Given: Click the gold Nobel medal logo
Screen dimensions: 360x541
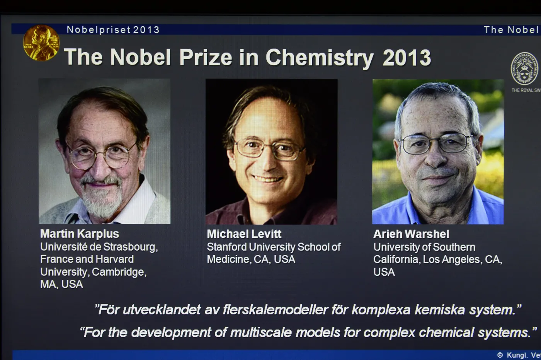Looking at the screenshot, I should [x=41, y=43].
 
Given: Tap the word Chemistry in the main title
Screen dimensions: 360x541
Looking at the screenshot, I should [x=319, y=58].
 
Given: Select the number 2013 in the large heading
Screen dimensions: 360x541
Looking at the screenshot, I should [x=407, y=58].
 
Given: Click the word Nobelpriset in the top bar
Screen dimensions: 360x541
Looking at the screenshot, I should [x=93, y=30].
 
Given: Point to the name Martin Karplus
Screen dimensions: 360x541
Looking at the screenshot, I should [x=80, y=234].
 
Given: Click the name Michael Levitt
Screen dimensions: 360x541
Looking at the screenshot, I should [x=244, y=234].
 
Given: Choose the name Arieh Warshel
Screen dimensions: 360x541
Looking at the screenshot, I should [x=411, y=234].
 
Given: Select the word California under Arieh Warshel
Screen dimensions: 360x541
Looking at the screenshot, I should [x=396, y=259].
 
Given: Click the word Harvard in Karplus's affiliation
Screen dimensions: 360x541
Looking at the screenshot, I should [x=116, y=259].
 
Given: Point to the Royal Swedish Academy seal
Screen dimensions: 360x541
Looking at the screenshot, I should [x=524, y=69].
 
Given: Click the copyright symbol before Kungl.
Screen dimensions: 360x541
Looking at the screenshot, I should [x=500, y=355].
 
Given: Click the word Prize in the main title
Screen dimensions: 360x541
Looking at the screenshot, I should [x=205, y=58].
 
